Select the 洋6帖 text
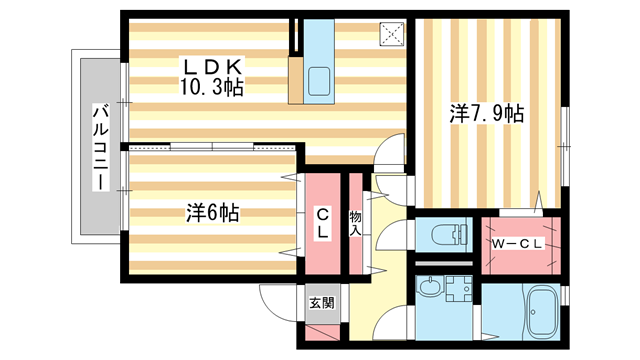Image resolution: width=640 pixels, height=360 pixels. click(211, 212)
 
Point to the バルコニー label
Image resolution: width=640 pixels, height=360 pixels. click(100, 149)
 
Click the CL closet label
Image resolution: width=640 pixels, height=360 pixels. click(323, 223)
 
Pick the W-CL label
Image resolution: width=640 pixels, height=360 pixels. click(517, 243)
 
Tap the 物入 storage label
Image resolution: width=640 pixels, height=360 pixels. click(355, 222)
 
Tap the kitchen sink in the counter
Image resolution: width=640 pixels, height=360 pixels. click(324, 81)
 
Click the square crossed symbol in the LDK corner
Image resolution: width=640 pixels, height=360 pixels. click(391, 31)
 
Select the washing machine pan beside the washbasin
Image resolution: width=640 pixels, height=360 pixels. click(460, 291)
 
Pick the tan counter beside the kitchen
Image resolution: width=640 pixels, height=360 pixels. click(295, 79)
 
